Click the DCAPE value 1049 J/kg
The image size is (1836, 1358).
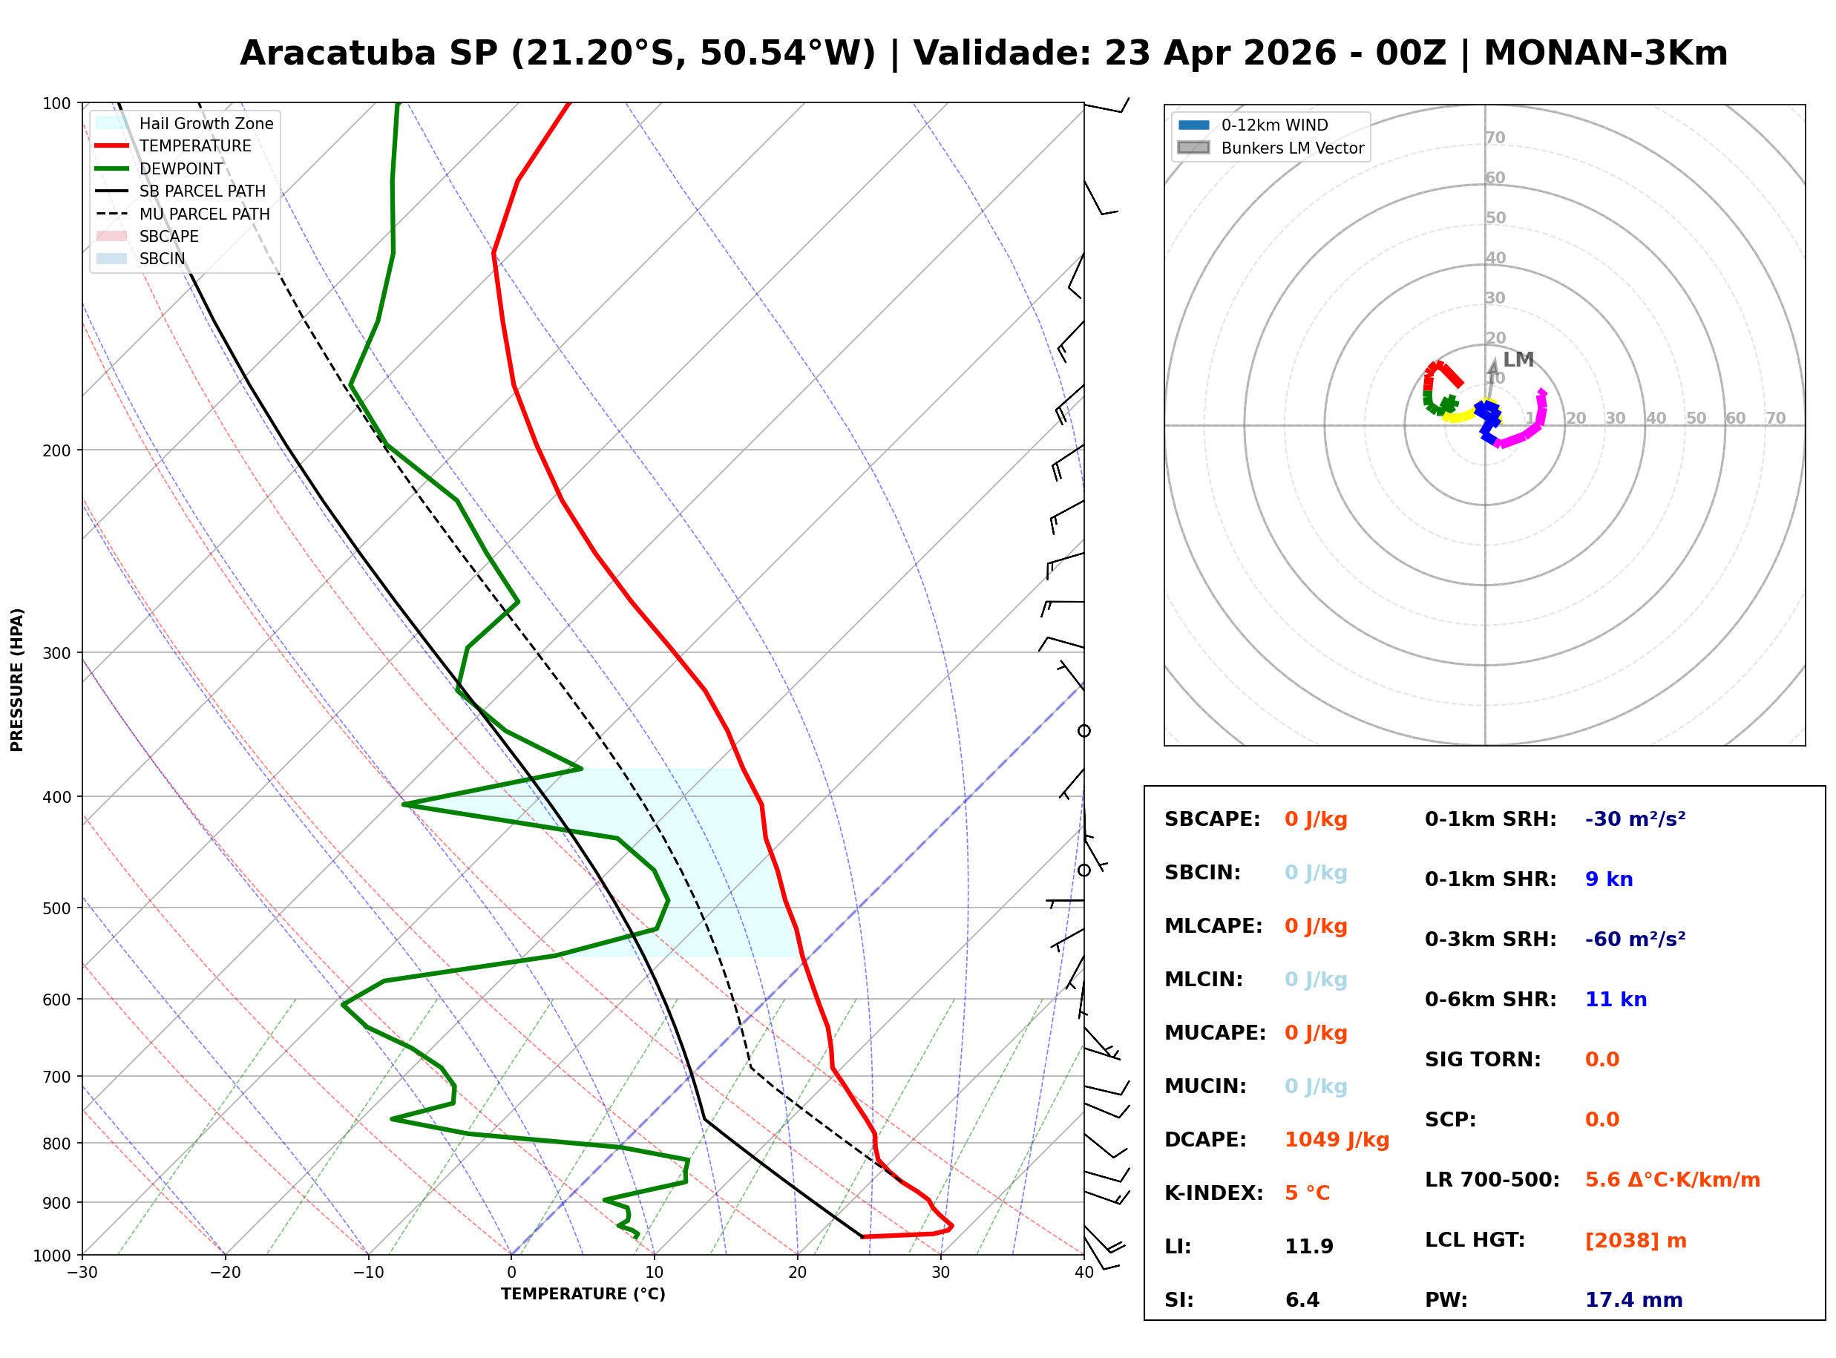point(1337,1140)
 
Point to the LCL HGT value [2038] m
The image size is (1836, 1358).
point(1636,1241)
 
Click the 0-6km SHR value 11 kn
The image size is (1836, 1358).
point(1616,1000)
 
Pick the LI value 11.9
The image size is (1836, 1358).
point(1308,1247)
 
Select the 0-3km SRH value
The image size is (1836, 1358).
point(1635,939)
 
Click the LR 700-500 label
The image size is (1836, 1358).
point(1492,1181)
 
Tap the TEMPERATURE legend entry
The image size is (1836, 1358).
point(194,146)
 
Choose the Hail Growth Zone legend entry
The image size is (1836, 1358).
point(206,124)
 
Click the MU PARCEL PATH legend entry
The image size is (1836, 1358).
point(204,214)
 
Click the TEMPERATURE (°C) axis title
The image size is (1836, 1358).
point(583,1295)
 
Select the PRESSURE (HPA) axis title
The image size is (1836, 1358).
point(17,680)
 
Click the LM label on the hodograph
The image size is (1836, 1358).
point(1518,360)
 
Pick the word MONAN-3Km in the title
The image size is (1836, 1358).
point(1605,53)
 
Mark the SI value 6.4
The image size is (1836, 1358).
point(1302,1300)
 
